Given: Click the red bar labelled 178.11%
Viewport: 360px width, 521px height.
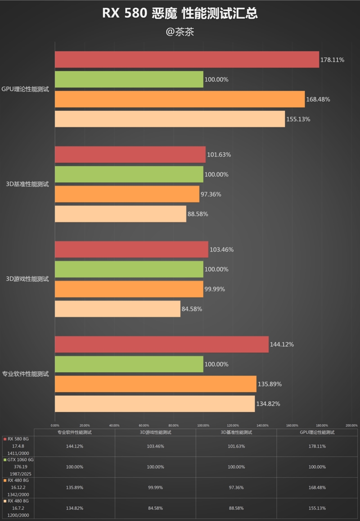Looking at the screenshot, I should click(x=187, y=59).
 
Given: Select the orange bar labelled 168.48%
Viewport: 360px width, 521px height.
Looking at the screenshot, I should click(x=180, y=99).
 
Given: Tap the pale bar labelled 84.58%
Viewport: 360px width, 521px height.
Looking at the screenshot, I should click(x=117, y=309).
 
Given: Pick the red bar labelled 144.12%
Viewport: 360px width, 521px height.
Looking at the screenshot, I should click(x=162, y=344).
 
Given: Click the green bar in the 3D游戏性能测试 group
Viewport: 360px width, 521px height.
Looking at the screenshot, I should click(x=129, y=269).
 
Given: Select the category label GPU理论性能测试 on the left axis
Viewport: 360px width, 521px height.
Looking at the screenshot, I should click(x=26, y=89).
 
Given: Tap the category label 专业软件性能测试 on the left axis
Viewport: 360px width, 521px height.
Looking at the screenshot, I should click(x=26, y=374).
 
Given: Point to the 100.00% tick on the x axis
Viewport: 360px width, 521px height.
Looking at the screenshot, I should click(x=203, y=425).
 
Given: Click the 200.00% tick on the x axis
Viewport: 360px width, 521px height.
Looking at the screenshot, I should click(x=351, y=425).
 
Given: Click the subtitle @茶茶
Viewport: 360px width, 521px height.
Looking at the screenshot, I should click(x=180, y=32).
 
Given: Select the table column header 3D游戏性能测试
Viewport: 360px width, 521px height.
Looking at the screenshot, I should click(x=155, y=432).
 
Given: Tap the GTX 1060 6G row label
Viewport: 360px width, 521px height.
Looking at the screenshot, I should click(x=18, y=460).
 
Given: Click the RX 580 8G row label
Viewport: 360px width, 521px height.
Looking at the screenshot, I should click(x=18, y=439).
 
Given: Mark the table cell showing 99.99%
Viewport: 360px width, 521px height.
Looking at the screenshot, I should click(x=155, y=487).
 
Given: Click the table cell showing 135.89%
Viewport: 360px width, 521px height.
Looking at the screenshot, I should click(x=74, y=487).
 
